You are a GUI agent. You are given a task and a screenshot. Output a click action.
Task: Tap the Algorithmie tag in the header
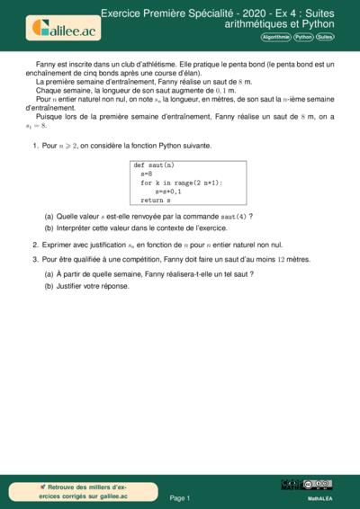(x=275, y=38)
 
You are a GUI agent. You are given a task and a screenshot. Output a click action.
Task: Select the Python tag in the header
(x=303, y=38)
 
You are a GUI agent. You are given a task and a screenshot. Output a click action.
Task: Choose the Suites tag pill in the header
(x=325, y=38)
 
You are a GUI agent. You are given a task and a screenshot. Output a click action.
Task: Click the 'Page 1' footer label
(x=179, y=496)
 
